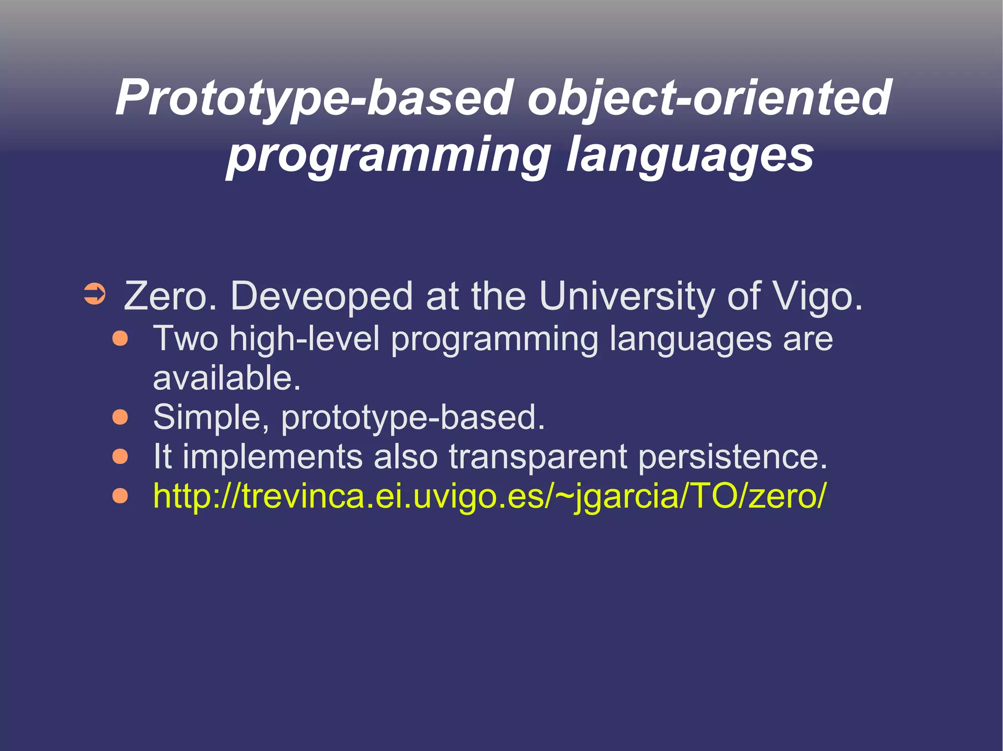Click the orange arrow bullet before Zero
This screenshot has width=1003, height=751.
click(x=94, y=295)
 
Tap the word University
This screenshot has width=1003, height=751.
click(x=626, y=296)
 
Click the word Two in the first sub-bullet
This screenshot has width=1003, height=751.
click(x=186, y=339)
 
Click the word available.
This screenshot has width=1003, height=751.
click(x=226, y=378)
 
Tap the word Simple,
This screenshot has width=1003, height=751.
click(x=211, y=417)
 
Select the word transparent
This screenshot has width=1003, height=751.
click(x=538, y=456)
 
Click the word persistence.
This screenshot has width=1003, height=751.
click(x=733, y=456)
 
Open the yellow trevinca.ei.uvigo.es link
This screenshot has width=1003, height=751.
click(x=489, y=496)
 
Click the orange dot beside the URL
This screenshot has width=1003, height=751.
click(x=120, y=496)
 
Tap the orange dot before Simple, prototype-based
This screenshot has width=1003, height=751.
click(x=120, y=417)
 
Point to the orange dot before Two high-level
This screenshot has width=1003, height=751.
click(x=120, y=339)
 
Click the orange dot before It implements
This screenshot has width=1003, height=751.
click(x=120, y=456)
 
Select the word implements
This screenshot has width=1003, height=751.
click(x=272, y=456)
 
